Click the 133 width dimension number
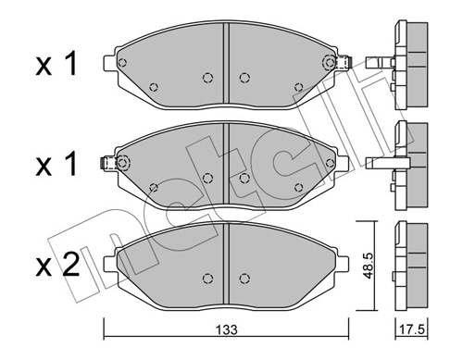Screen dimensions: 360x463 (226, 329)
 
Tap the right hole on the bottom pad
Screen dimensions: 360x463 (244, 277)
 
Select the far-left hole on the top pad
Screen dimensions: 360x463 (126, 64)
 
